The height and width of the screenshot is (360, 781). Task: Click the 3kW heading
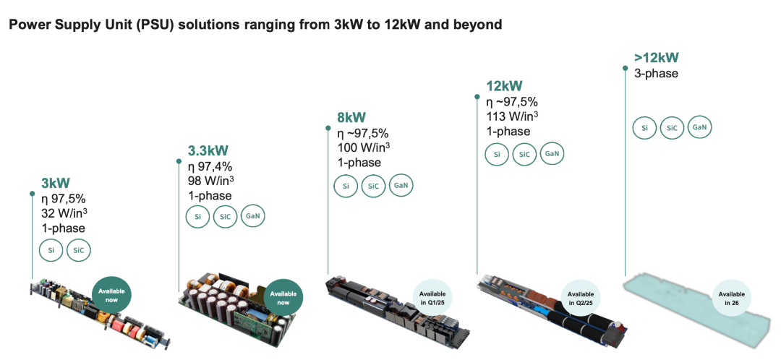coord(55,183)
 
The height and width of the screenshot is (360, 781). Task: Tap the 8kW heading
coord(351,118)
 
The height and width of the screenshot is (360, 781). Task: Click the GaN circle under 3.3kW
coord(253,216)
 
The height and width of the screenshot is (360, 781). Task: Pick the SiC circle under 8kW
coord(374,187)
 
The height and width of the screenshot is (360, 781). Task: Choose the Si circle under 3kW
coord(51,251)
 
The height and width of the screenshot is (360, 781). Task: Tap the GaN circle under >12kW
coord(699,127)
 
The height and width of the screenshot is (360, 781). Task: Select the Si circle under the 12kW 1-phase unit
coord(497,155)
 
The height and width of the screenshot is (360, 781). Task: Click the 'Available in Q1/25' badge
coord(432,298)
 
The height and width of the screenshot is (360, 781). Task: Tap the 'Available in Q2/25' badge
coord(581,298)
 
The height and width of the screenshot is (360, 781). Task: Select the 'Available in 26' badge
coord(732,298)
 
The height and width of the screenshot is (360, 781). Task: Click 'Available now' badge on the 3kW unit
coord(111,295)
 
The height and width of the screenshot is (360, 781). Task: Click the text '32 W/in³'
coord(65,213)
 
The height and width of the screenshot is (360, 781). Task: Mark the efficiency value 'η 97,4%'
coord(210,166)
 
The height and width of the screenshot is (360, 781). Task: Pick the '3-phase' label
coord(656,73)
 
